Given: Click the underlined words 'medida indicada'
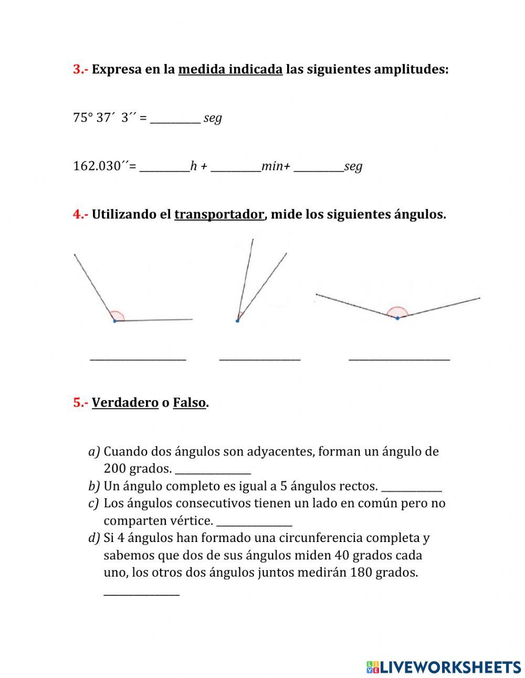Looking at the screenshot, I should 230,69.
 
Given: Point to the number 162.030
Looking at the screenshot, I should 97,166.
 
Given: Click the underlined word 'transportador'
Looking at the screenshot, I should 219,214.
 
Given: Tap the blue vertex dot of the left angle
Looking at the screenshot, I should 114,320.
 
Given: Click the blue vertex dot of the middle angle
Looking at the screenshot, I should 237,320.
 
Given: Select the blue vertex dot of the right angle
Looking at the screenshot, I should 397,318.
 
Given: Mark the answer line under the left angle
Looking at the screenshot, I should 138,359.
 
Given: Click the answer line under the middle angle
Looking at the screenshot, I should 259,359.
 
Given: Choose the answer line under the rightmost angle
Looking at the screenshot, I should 399,359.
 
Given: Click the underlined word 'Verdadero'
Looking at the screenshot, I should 125,403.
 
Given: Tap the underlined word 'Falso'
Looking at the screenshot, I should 189,403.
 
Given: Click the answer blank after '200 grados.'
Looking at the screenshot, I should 213,471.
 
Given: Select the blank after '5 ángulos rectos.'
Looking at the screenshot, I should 411,489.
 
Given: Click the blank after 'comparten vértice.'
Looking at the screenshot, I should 254,524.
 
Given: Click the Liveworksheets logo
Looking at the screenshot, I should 443,667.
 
